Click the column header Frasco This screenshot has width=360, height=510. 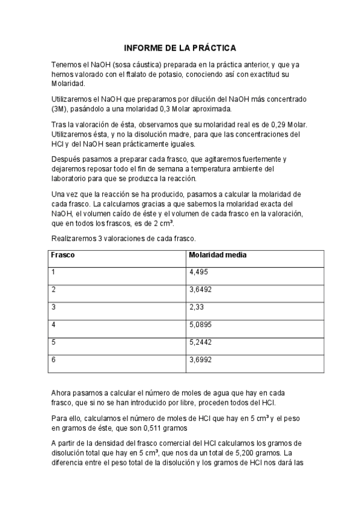(63, 255)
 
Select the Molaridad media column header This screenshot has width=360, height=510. (218, 255)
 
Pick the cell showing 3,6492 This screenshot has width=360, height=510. (201, 290)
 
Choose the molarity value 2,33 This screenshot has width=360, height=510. (197, 307)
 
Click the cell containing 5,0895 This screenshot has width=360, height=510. (201, 325)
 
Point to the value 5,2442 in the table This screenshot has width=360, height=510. (201, 342)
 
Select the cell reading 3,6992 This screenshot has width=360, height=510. (201, 360)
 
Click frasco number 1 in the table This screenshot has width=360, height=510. (53, 272)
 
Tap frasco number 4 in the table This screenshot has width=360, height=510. (53, 325)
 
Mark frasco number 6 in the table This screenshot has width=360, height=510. (53, 360)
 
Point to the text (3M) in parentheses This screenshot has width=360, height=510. (61, 109)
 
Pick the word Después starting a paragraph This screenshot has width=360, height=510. (66, 159)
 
